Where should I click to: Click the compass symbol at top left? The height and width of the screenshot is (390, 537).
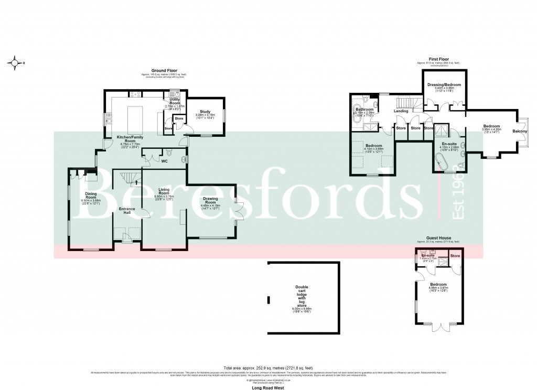[15, 63]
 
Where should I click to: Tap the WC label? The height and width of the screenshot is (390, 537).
[164, 161]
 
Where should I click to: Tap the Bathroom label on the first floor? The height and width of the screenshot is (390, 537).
[364, 110]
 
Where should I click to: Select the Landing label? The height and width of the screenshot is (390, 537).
[401, 111]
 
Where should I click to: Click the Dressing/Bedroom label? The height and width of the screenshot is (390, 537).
[444, 84]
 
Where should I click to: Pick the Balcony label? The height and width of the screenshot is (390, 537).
[520, 131]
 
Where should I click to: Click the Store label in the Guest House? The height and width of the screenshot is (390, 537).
[455, 256]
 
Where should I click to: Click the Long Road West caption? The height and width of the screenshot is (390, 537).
[268, 384]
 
